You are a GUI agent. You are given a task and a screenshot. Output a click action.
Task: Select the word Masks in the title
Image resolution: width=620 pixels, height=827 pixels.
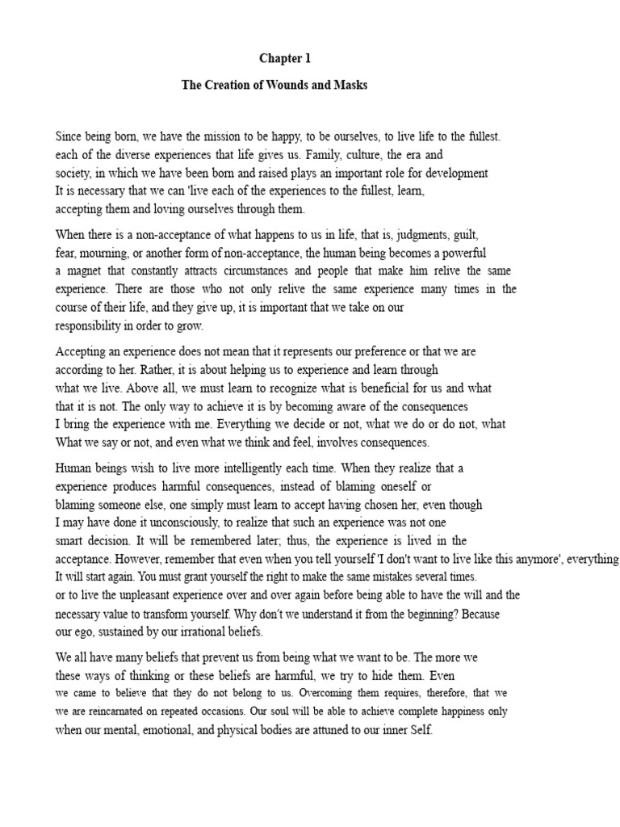point(350,85)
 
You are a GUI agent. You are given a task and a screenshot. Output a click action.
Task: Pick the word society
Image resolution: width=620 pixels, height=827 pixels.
point(73,174)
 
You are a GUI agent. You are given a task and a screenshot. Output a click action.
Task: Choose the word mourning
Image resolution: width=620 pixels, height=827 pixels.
point(105,254)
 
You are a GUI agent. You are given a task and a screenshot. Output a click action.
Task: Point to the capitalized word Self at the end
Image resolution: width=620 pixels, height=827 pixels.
point(422,731)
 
